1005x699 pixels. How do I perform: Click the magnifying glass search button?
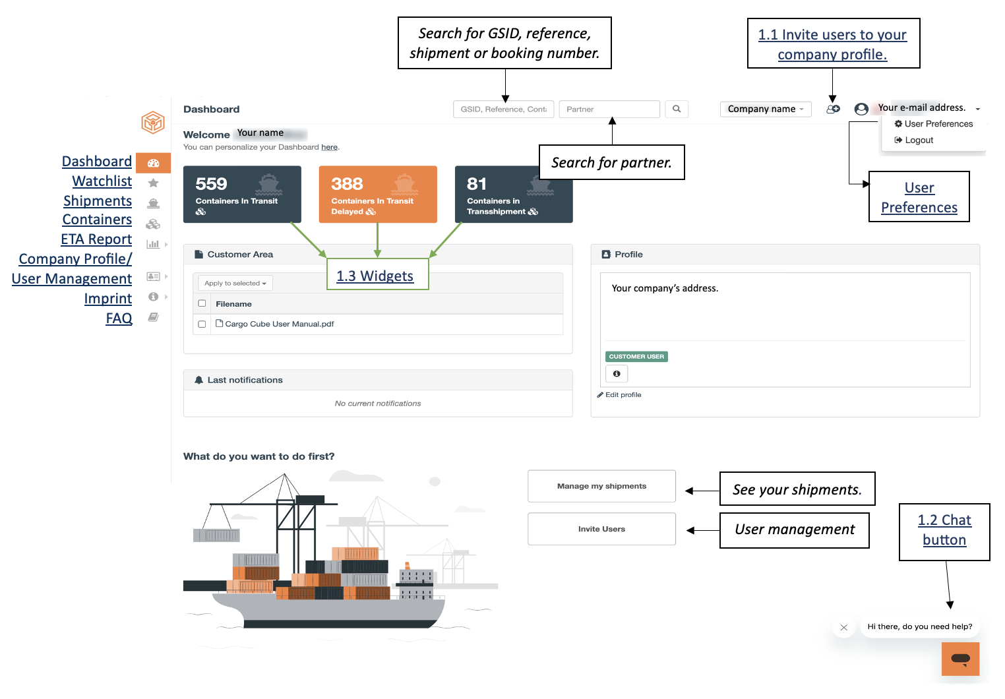pyautogui.click(x=677, y=109)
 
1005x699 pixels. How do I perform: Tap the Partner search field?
pyautogui.click(x=609, y=109)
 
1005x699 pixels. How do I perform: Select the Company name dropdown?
pyautogui.click(x=766, y=109)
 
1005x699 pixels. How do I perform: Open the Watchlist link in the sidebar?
pyautogui.click(x=102, y=181)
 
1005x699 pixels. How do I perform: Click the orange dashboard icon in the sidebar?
pyautogui.click(x=154, y=163)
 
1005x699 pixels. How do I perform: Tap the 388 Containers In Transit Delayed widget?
pyautogui.click(x=378, y=195)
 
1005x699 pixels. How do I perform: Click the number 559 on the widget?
pyautogui.click(x=211, y=183)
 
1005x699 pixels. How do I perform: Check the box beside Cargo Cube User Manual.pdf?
pyautogui.click(x=202, y=324)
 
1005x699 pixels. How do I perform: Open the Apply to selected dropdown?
pyautogui.click(x=235, y=283)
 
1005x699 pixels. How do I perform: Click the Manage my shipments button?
pyautogui.click(x=601, y=486)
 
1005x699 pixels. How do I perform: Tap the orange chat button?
pyautogui.click(x=960, y=659)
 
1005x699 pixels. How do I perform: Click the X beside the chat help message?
pyautogui.click(x=844, y=627)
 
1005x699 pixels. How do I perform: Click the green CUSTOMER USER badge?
pyautogui.click(x=636, y=357)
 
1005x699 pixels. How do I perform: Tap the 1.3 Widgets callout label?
pyautogui.click(x=377, y=274)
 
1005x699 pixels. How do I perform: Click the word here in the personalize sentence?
pyautogui.click(x=329, y=147)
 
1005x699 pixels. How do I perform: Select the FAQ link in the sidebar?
pyautogui.click(x=119, y=318)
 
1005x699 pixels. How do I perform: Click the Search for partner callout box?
pyautogui.click(x=611, y=162)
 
